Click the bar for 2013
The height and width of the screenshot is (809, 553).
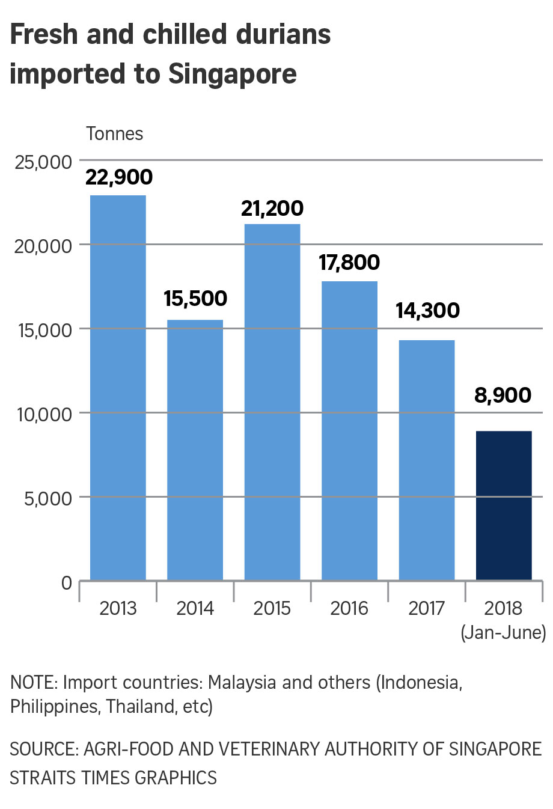[x=118, y=388]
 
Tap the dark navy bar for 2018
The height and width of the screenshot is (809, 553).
[x=504, y=505]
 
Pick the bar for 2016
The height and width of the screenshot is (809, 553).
[x=349, y=430]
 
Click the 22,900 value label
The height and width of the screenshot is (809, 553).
[x=119, y=177]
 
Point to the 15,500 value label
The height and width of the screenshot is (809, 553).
[x=195, y=299]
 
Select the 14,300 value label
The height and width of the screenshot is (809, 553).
[x=427, y=311]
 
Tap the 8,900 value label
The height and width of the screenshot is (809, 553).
[x=503, y=395]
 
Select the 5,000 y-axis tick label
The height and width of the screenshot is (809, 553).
[x=48, y=498]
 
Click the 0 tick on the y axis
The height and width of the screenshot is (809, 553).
[x=66, y=582]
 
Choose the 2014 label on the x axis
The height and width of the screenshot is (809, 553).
[x=195, y=608]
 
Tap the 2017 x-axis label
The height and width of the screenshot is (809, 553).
[x=426, y=608]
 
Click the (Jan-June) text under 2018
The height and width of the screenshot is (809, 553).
[x=503, y=632]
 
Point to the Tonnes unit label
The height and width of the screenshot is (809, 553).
[x=115, y=133]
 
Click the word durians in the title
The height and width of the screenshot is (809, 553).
[x=284, y=35]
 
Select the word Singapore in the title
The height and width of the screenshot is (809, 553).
[x=233, y=74]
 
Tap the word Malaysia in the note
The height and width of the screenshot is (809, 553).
[x=243, y=683]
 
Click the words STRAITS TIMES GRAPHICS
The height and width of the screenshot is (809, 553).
[x=113, y=778]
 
